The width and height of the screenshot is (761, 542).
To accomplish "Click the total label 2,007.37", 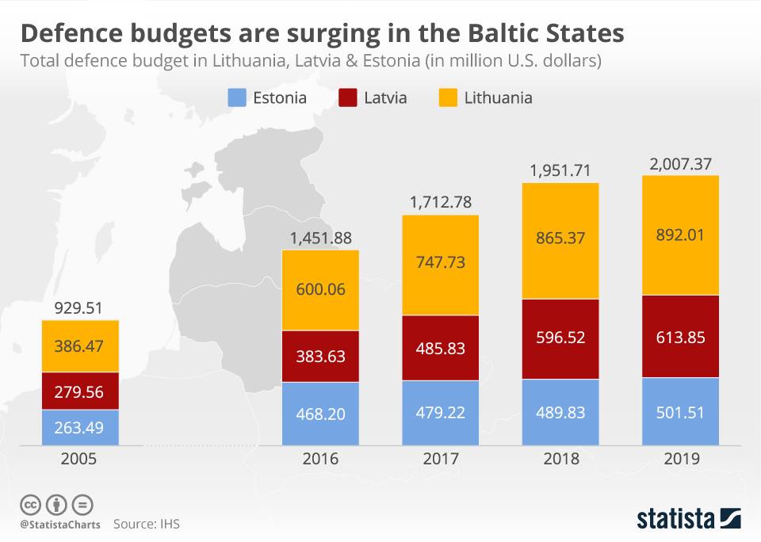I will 680,163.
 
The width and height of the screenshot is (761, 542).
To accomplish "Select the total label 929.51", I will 80,308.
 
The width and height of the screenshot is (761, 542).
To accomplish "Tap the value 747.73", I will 441,265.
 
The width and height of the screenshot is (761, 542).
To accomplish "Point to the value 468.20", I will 320,414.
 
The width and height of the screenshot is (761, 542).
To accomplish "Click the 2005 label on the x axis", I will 80,459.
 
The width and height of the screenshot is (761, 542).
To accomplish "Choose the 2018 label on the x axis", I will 560,459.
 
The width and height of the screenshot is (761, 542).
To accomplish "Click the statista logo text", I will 675,519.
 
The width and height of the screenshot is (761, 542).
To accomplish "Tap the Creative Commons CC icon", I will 30,504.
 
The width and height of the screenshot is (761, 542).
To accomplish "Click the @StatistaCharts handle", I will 60,525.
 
